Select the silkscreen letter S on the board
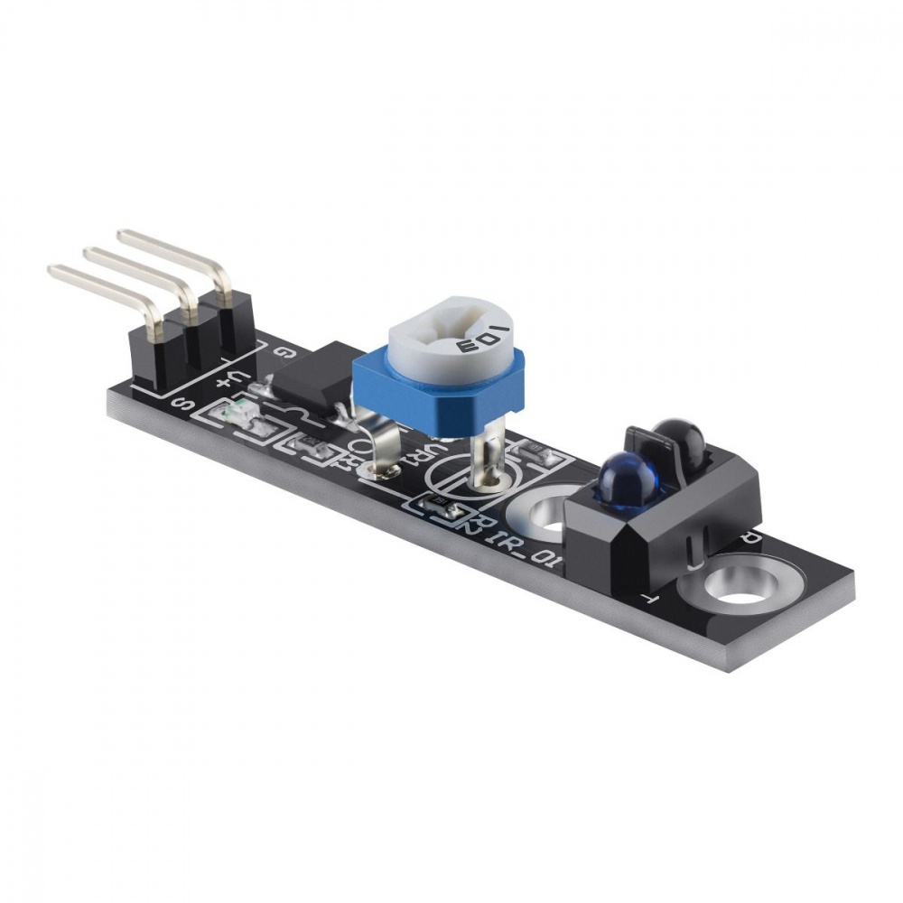(181, 405)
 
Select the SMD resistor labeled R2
(442, 508)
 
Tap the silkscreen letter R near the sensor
(752, 536)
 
